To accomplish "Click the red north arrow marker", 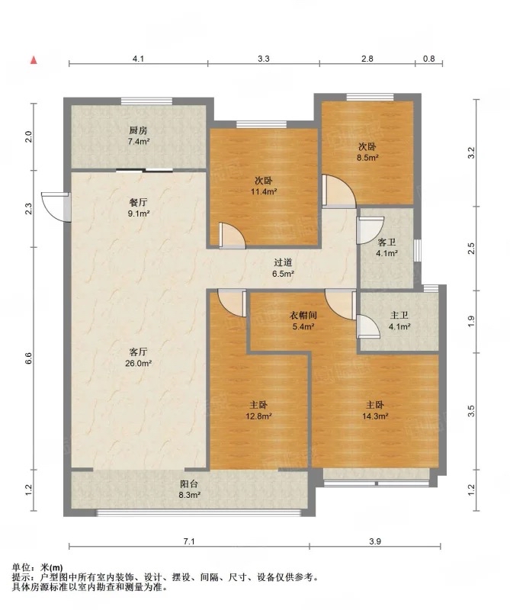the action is point(34,60).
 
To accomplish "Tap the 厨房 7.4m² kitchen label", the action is point(139,136).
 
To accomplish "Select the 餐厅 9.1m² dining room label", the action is point(139,207).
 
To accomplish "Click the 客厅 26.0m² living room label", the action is point(139,358).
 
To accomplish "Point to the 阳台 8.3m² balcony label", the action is point(190,490).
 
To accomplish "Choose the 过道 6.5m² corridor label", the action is point(283,268).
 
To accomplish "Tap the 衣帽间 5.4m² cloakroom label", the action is point(303,320).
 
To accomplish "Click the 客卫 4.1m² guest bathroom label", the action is point(387,248).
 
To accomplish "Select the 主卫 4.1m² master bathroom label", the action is point(399,321).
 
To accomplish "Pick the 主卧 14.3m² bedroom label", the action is point(375,411).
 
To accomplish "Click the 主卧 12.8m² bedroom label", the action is point(258,411).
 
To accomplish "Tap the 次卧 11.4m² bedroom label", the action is point(263,186).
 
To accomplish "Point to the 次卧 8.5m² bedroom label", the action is point(367,152).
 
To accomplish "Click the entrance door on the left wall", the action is point(56,207).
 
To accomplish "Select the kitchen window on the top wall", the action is point(146,101).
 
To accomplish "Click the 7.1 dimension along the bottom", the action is point(188,541).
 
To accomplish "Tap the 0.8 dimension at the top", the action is point(428,59).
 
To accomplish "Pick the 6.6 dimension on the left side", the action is point(28,358).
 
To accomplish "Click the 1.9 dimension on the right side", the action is point(471,321).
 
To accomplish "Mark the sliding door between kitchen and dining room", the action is point(144,170).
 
